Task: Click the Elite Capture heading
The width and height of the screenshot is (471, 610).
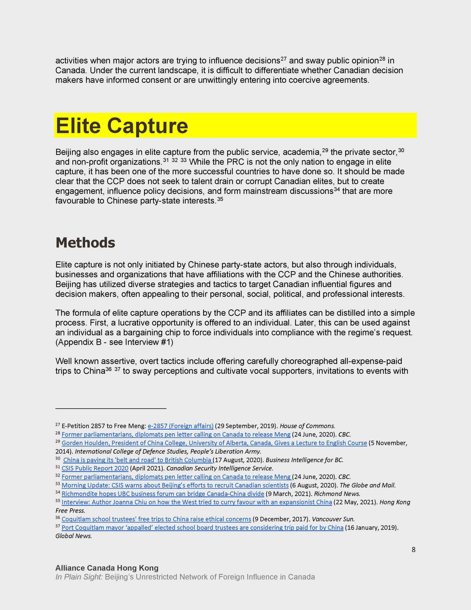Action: tap(122, 126)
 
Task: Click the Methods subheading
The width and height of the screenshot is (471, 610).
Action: tap(85, 243)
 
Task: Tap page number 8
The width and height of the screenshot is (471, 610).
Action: tap(413, 549)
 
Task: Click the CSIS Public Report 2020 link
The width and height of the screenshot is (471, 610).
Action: tap(95, 468)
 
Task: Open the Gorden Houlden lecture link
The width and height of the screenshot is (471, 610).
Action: tap(214, 443)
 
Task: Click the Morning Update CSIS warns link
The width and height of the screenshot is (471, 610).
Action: tap(175, 485)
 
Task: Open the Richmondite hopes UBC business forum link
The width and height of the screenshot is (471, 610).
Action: tap(163, 493)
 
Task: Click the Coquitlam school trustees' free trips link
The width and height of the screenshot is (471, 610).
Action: tap(156, 519)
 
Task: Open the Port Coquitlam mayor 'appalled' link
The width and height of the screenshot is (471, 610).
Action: tap(202, 528)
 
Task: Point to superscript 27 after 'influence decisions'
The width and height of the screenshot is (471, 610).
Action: tap(284, 59)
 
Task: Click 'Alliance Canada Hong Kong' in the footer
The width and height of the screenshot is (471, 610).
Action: tap(107, 568)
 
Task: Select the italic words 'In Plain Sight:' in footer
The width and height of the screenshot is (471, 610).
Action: tap(79, 577)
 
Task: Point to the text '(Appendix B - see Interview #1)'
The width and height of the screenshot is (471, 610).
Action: tap(114, 342)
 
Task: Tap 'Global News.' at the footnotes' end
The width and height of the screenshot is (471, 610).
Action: tap(74, 536)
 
